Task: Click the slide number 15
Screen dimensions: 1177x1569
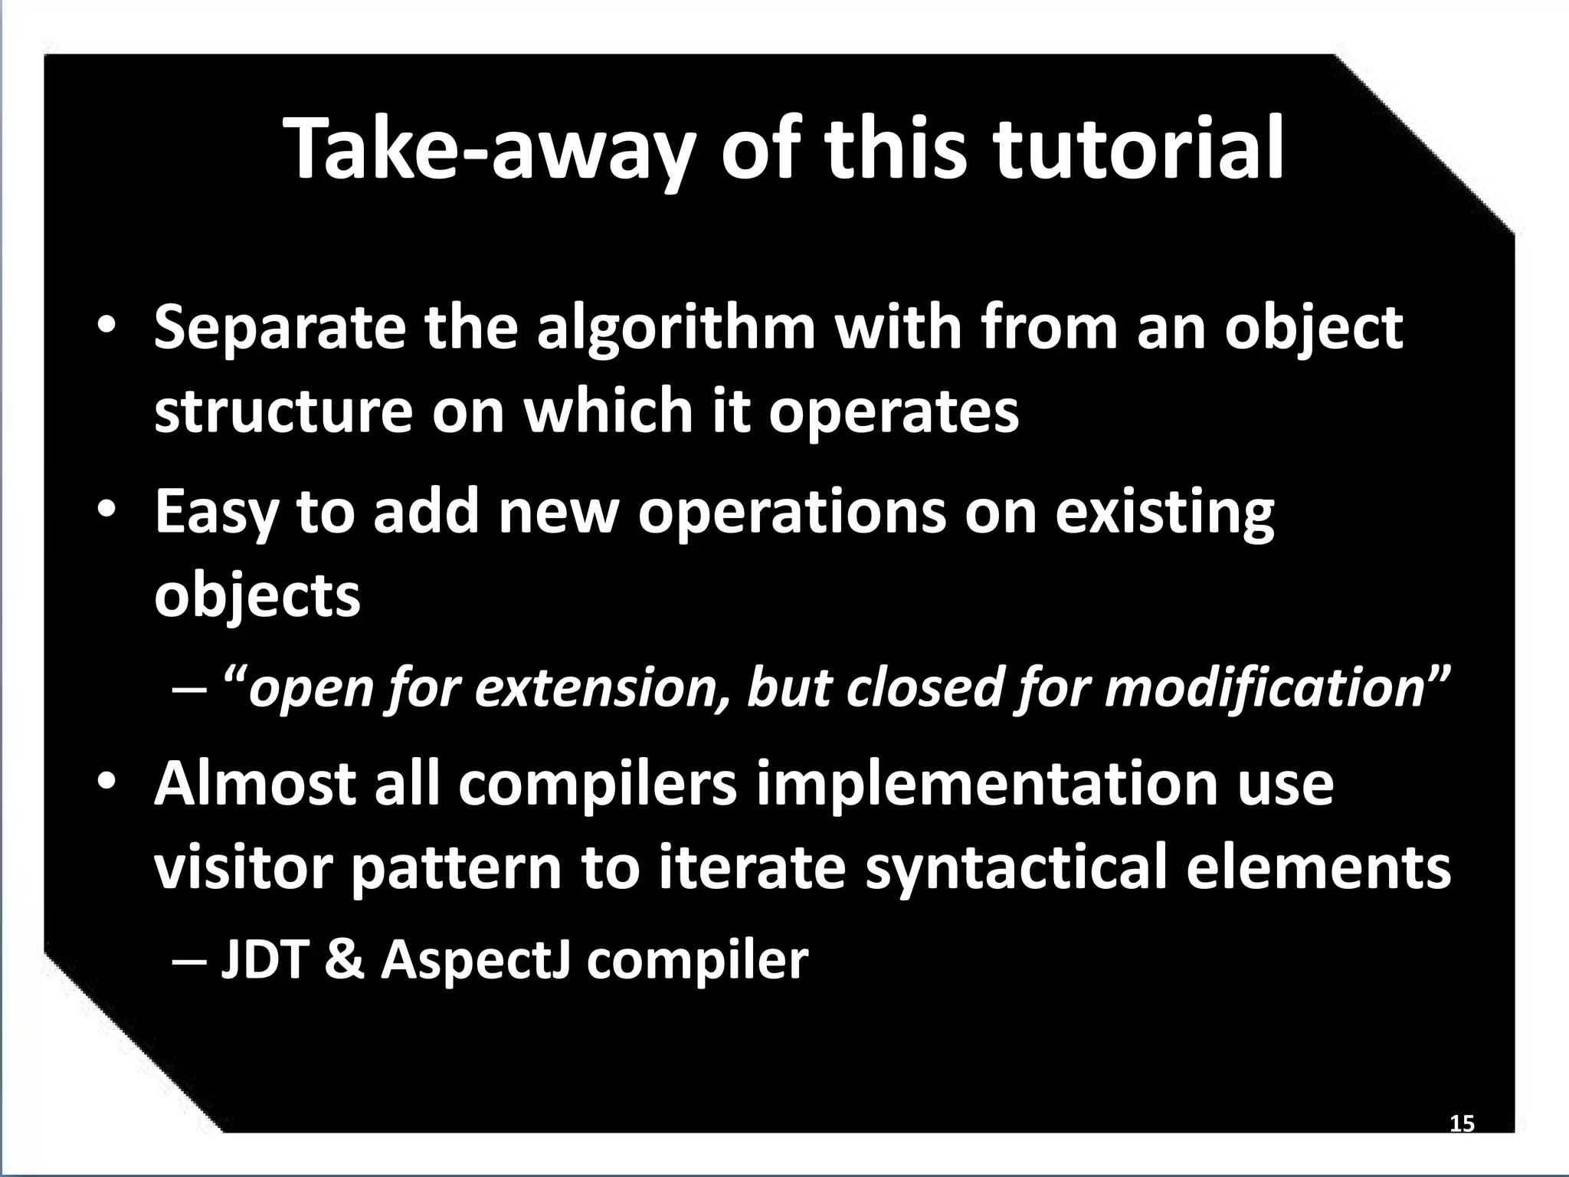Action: tap(1462, 1124)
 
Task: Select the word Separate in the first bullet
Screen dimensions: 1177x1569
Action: tap(280, 327)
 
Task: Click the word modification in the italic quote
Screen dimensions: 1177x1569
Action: tap(1263, 687)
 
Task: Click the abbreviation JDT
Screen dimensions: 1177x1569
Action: tap(264, 959)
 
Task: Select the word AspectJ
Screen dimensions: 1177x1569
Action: tap(476, 961)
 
